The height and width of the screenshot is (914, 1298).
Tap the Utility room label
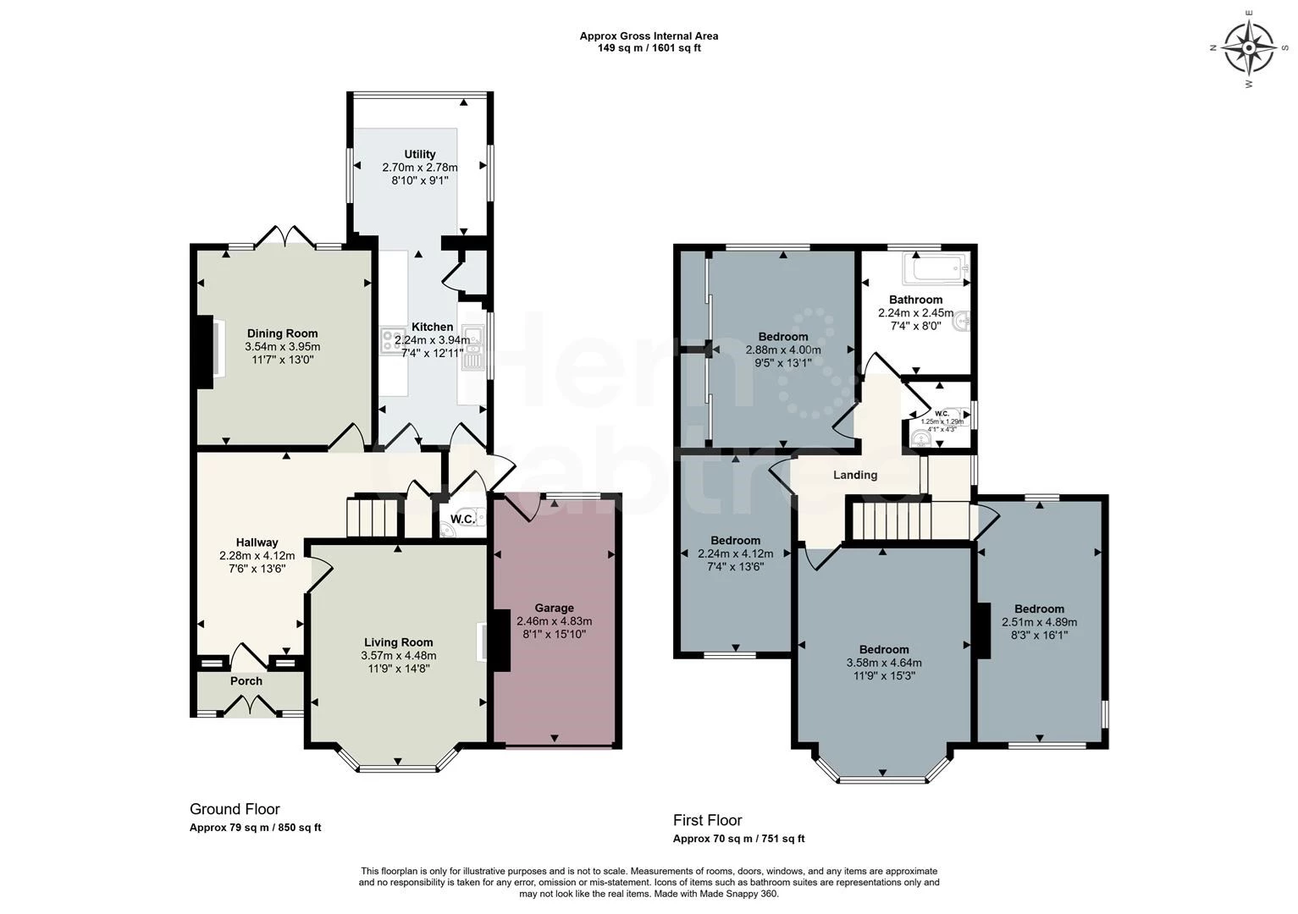click(420, 154)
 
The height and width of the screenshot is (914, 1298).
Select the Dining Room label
click(282, 333)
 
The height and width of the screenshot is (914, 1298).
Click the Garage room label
click(554, 608)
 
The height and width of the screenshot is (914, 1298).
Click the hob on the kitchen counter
click(392, 341)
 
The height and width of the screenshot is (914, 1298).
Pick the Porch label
click(246, 681)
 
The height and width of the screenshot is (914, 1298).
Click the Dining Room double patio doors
click(284, 236)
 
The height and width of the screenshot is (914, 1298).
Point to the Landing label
click(855, 475)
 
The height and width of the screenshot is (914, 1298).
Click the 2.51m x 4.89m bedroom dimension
click(1039, 621)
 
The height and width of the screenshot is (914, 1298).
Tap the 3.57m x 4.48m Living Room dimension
click(398, 655)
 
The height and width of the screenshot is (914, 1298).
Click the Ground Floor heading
click(235, 809)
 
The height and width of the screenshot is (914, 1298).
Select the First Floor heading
click(707, 820)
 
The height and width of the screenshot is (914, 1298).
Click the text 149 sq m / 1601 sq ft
click(649, 48)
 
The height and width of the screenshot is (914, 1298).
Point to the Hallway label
click(257, 542)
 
